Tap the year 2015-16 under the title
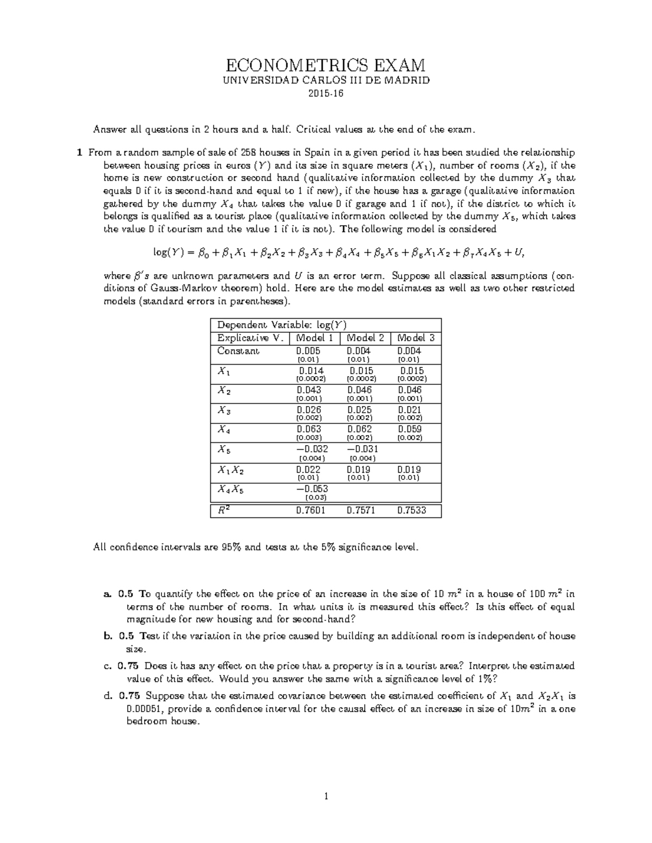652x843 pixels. coord(326,94)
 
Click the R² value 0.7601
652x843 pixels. coord(311,511)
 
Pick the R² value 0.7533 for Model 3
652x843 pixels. coord(411,511)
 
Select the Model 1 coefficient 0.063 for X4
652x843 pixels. coord(309,429)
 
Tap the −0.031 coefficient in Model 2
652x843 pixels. coord(362,449)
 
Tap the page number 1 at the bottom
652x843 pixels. coord(326,797)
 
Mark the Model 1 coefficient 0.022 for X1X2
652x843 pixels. coord(309,470)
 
